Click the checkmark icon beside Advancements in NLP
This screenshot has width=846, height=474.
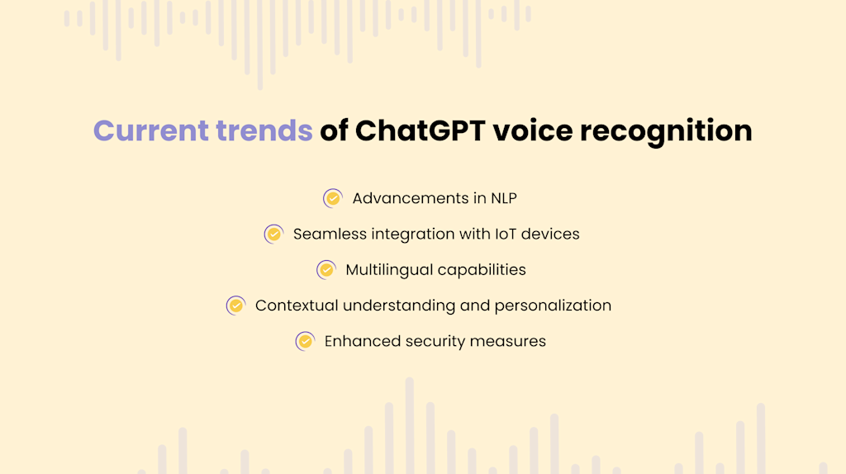pos(333,198)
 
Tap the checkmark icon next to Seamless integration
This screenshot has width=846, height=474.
pos(273,234)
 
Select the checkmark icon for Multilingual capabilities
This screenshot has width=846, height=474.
pos(326,270)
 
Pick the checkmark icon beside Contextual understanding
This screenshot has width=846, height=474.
pos(236,306)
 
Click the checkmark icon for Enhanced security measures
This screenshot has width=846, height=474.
pos(305,341)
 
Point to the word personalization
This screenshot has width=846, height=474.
pos(553,306)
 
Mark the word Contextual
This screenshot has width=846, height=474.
pos(297,306)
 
